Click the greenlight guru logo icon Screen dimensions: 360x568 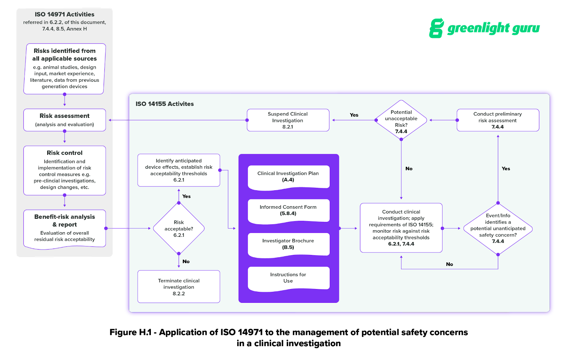(x=436, y=28)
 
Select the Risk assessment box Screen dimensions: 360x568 (x=65, y=120)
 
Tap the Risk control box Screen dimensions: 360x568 (x=65, y=170)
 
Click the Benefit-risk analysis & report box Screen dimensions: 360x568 (x=65, y=228)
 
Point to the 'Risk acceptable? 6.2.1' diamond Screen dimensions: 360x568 (x=179, y=229)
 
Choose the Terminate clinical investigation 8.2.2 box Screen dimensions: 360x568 (x=179, y=287)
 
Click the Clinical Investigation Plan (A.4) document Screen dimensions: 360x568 (x=288, y=176)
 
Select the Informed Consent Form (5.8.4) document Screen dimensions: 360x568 (x=288, y=210)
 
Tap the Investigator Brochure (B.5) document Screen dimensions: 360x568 (x=288, y=244)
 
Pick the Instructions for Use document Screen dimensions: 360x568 (x=288, y=278)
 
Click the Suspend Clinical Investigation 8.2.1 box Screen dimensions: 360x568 (x=288, y=120)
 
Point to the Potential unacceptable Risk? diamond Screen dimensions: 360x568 (x=401, y=120)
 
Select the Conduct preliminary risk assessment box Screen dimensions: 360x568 (x=498, y=120)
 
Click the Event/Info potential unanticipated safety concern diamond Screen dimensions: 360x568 (x=498, y=229)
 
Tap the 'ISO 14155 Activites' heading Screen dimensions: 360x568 (x=165, y=104)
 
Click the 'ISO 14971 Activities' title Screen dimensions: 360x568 (x=65, y=15)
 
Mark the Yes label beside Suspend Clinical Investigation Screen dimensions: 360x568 (x=354, y=115)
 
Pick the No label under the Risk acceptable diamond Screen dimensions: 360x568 (x=186, y=262)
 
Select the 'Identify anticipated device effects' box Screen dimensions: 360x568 (x=179, y=170)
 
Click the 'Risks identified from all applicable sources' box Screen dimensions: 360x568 (x=65, y=69)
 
